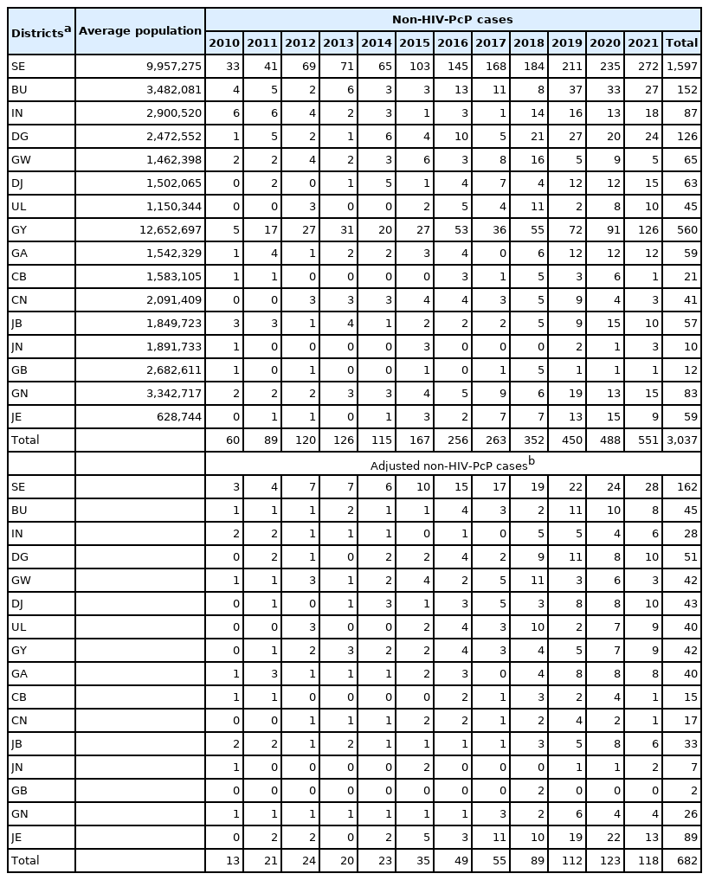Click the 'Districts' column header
point(40,31)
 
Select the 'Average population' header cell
point(139,31)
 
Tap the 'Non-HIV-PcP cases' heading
point(452,18)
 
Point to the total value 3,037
point(680,440)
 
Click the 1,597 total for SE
point(680,66)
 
